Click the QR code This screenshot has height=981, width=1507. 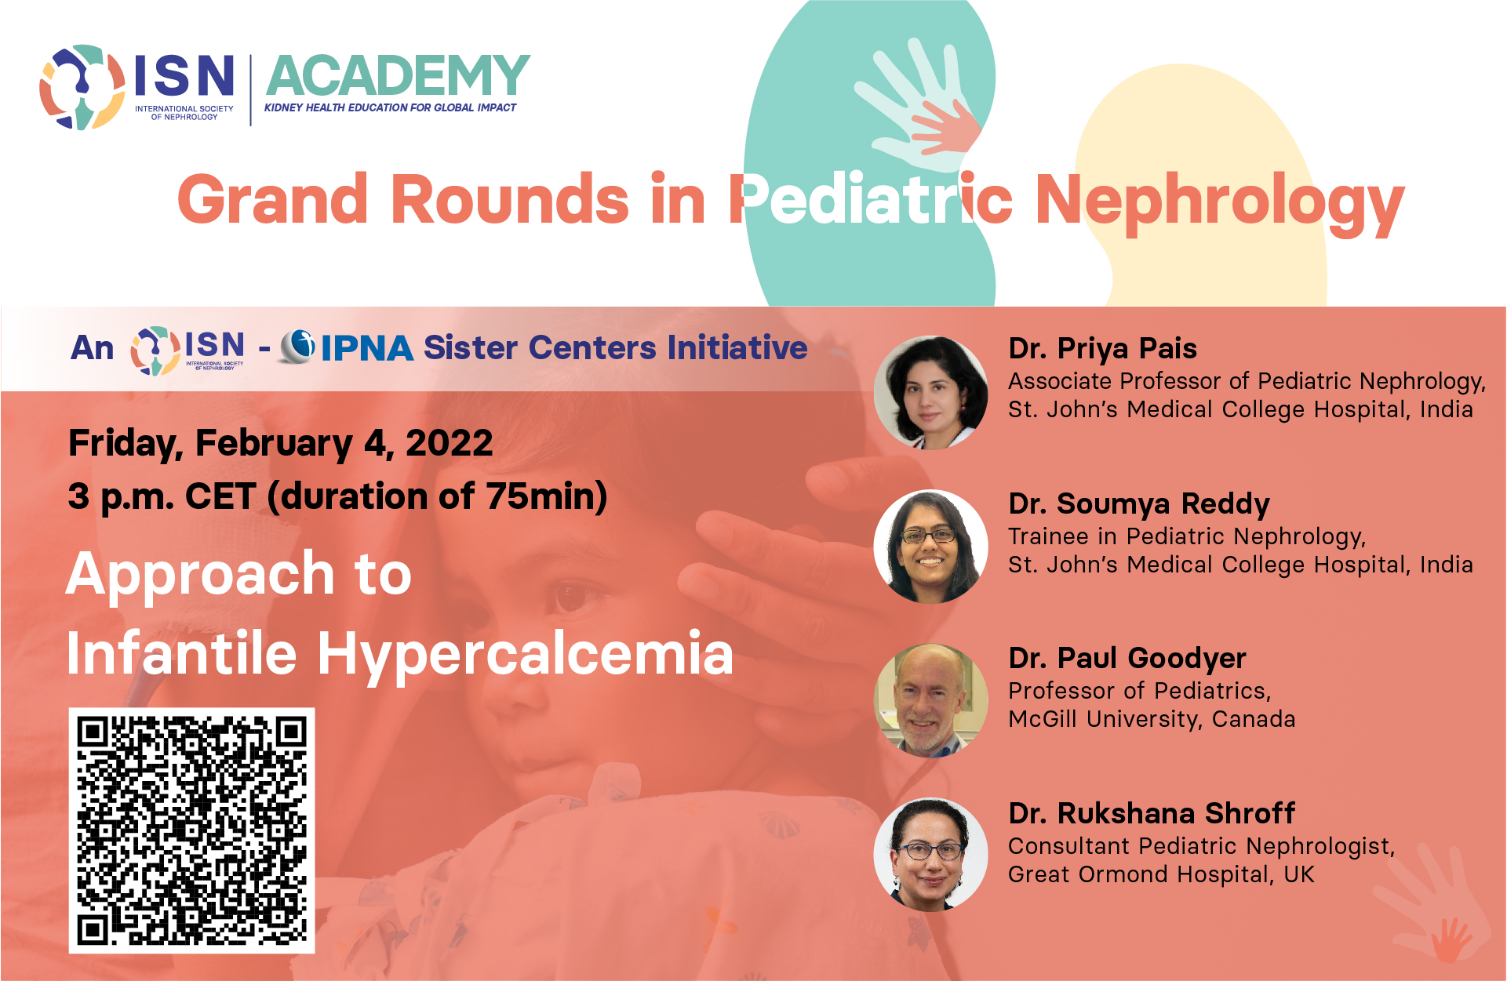[191, 830]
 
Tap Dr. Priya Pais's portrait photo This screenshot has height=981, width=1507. [931, 392]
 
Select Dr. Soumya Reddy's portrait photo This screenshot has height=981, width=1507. [931, 547]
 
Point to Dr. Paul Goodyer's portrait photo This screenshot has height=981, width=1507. [931, 700]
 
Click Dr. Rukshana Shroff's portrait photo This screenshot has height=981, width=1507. [931, 855]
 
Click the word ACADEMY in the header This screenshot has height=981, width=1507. [399, 75]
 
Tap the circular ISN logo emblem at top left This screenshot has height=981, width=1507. [82, 87]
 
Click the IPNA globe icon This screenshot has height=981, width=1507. [297, 346]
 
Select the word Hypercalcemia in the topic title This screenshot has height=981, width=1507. [525, 654]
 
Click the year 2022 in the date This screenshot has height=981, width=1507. [449, 443]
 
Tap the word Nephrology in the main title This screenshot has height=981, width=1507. [1220, 202]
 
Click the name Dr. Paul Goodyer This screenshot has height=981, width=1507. [1127, 659]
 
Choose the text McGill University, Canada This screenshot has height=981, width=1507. [1152, 719]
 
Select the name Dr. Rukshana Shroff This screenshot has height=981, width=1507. [1152, 813]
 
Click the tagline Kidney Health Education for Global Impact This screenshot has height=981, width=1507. [390, 107]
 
